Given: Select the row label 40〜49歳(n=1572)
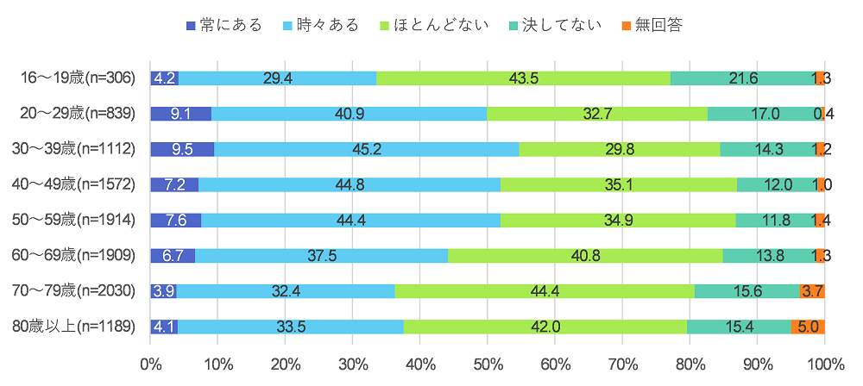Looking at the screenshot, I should (75, 184).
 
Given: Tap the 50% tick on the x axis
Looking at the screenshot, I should (488, 363).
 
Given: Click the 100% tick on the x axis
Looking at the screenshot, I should (824, 363).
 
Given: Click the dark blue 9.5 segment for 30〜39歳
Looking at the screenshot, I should (182, 149).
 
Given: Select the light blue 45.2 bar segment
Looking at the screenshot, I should (367, 149).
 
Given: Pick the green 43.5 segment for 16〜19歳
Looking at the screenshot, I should (523, 78).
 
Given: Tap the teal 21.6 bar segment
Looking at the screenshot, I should (742, 78).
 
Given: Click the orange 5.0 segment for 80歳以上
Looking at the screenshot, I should (808, 327).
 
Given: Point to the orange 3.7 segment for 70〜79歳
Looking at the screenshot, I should (812, 291).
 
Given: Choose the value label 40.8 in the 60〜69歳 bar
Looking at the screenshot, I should (584, 256).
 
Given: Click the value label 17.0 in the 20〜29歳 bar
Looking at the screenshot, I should (765, 114).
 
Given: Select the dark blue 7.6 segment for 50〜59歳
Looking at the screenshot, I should (175, 221).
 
